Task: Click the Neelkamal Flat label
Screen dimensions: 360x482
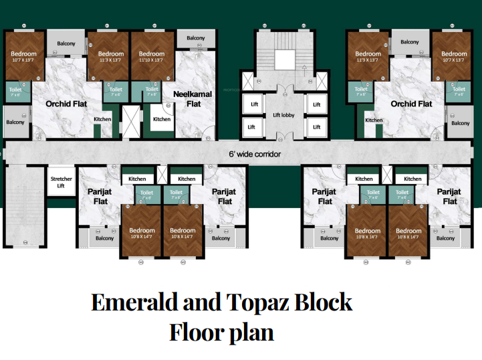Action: [193, 99]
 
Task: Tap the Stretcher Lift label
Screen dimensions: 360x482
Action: [61, 182]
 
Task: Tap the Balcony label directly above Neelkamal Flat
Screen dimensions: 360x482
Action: [196, 38]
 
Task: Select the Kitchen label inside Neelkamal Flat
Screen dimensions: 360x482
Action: [162, 119]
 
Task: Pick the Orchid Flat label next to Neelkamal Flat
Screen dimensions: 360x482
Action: [66, 104]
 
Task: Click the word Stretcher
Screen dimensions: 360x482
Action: [61, 179]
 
